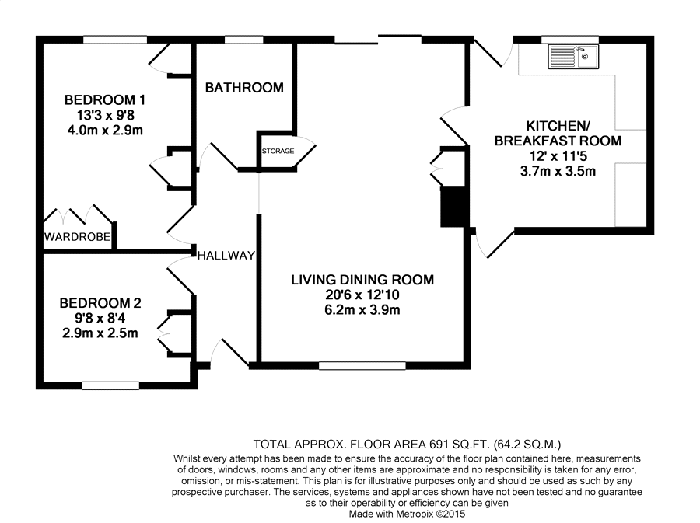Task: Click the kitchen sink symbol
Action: tap(573, 57)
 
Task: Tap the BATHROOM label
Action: tap(244, 87)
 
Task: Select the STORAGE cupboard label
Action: tap(278, 151)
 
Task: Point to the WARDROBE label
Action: tap(77, 236)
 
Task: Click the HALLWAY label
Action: tap(226, 256)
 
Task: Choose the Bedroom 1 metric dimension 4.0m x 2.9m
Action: tap(105, 131)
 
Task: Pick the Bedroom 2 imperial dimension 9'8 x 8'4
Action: tap(100, 319)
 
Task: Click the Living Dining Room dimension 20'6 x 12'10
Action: tap(362, 295)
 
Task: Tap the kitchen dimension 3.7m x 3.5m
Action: tap(558, 171)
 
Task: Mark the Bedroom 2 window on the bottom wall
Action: tap(110, 385)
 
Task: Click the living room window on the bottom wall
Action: tap(362, 366)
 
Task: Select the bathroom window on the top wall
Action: tap(243, 40)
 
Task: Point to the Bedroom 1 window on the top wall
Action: tap(115, 40)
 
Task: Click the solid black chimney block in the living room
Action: tap(453, 207)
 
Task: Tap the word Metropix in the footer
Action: tap(412, 514)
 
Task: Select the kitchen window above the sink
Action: tap(569, 40)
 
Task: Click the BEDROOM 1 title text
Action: tap(105, 100)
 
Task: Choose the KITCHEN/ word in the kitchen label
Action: tap(558, 126)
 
